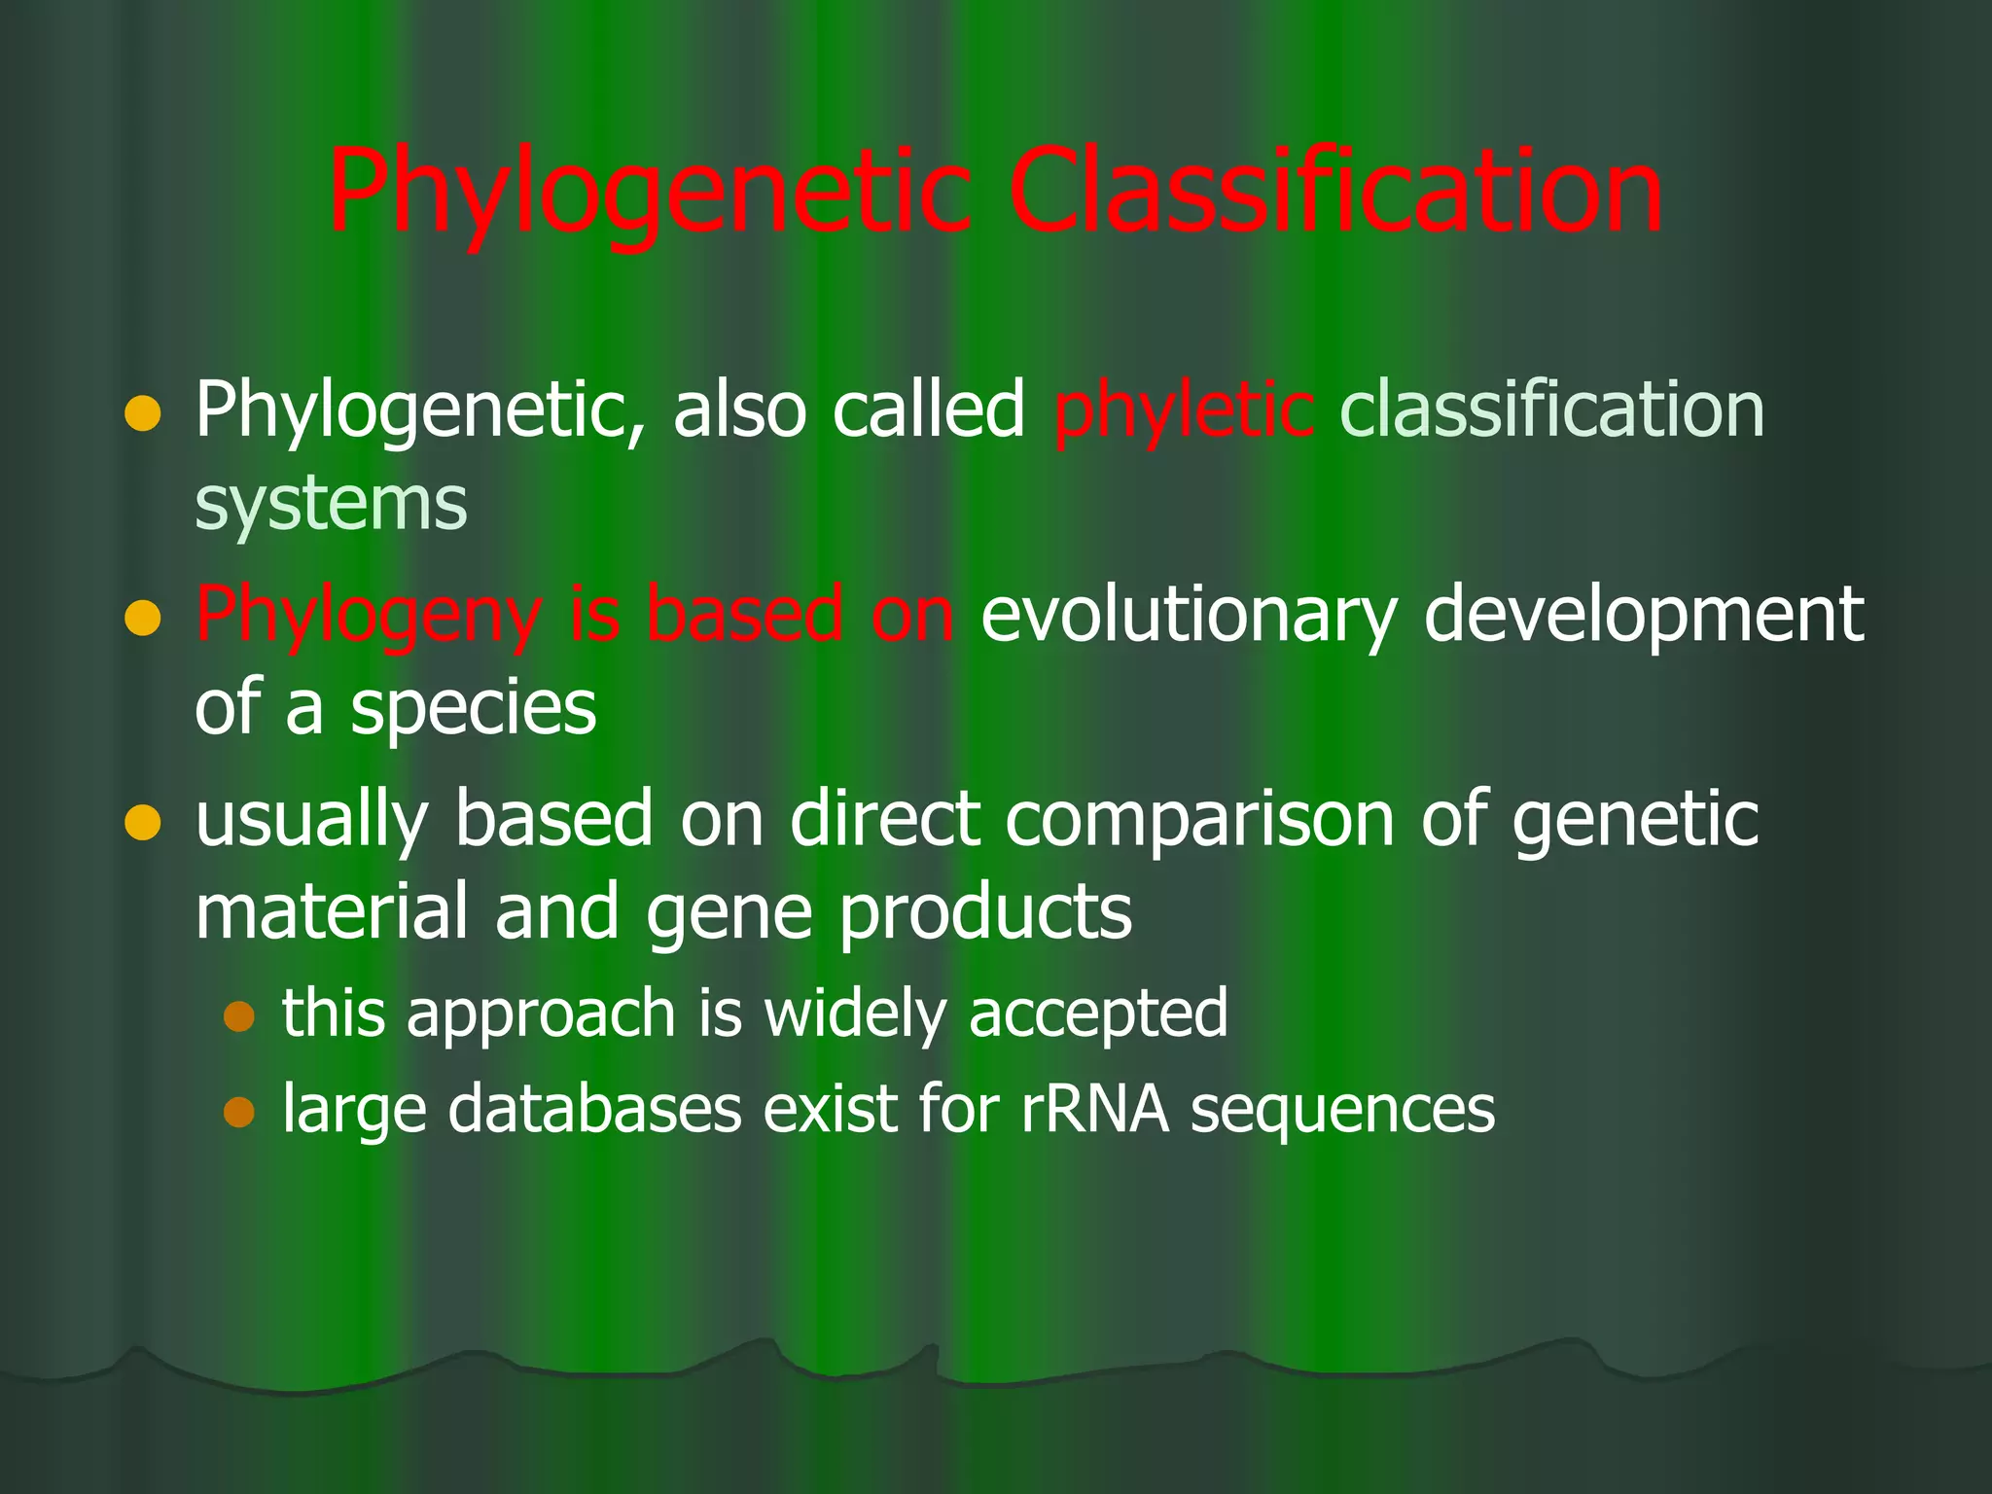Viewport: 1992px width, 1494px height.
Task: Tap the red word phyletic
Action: pyautogui.click(x=1184, y=410)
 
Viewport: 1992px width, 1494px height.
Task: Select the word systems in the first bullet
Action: pyautogui.click(x=331, y=504)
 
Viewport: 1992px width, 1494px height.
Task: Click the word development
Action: pyautogui.click(x=1643, y=616)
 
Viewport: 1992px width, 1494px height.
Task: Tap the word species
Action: pyautogui.click(x=473, y=709)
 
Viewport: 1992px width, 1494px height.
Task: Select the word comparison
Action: pyautogui.click(x=1199, y=819)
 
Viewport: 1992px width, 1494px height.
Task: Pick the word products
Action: pyautogui.click(x=984, y=913)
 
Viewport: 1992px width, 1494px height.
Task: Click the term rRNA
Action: pyautogui.click(x=1094, y=1109)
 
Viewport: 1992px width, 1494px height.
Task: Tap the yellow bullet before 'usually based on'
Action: pyautogui.click(x=142, y=823)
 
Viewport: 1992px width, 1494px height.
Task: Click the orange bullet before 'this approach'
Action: pyautogui.click(x=238, y=1015)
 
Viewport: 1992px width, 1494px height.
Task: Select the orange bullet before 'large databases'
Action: pyautogui.click(x=238, y=1111)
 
